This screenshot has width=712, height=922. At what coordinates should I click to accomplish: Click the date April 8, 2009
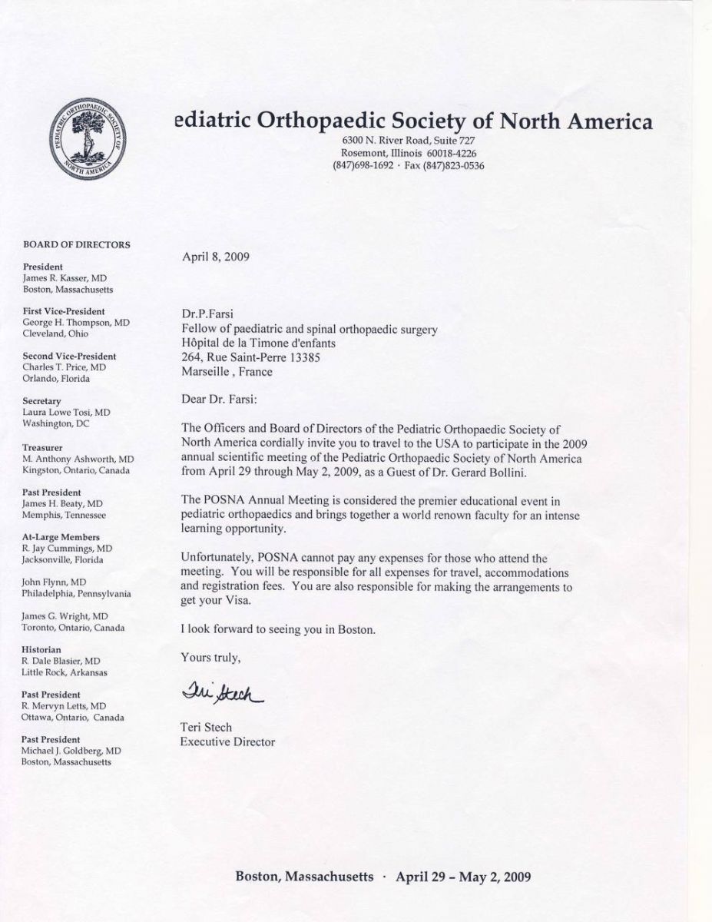coord(216,257)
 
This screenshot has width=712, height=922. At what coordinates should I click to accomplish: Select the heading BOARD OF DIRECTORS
coord(76,245)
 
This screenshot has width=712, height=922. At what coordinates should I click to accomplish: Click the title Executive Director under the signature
coord(227,741)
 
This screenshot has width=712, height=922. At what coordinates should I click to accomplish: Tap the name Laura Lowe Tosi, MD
coord(66,413)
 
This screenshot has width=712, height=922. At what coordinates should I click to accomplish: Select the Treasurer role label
coord(43,446)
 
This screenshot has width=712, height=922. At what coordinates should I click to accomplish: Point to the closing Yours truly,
coord(210,657)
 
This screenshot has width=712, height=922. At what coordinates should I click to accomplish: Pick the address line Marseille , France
coord(227,372)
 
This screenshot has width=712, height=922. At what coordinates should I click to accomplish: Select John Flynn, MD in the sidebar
coord(54,582)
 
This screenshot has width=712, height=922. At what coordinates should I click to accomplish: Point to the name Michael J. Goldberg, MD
coord(71,750)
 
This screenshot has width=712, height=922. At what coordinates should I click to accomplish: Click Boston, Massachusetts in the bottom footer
coord(304,877)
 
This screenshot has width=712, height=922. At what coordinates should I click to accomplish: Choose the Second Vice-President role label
coord(69,357)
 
